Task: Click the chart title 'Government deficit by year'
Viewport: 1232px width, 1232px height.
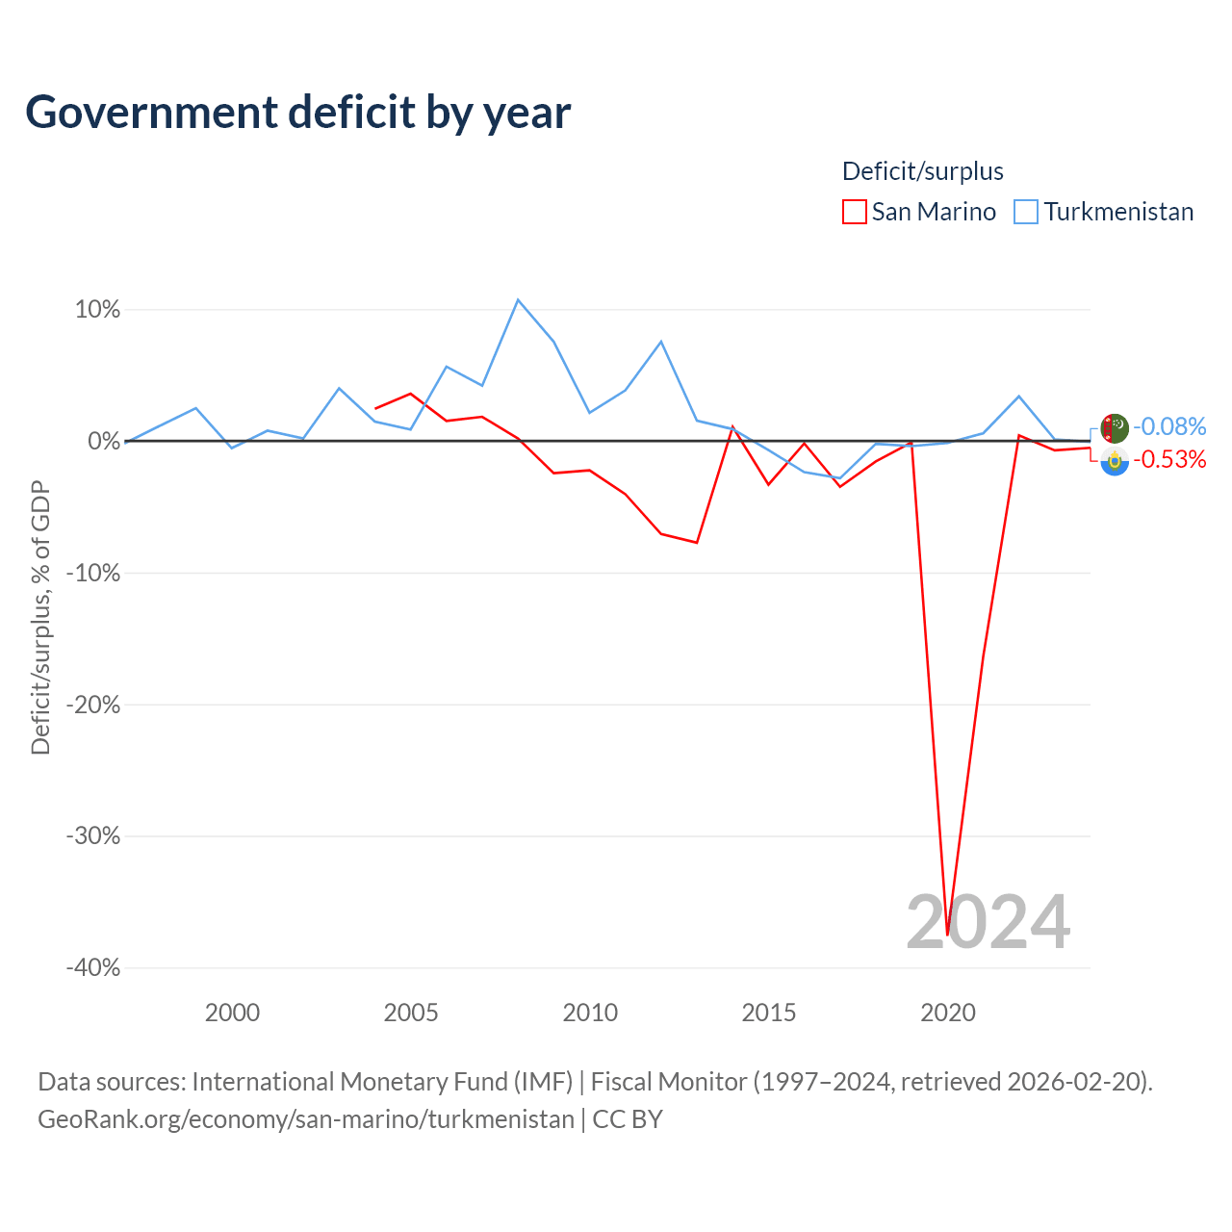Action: pyautogui.click(x=297, y=113)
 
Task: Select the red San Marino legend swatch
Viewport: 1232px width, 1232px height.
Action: pyautogui.click(x=854, y=212)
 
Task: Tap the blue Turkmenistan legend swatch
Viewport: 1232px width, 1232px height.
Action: pyautogui.click(x=1025, y=212)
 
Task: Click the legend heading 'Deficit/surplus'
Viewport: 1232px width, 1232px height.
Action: pyautogui.click(x=923, y=171)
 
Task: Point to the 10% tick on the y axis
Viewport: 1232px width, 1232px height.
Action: pyautogui.click(x=97, y=309)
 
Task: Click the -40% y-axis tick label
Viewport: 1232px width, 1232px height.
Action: pyautogui.click(x=93, y=967)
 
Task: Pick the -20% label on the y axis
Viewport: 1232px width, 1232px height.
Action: pyautogui.click(x=93, y=705)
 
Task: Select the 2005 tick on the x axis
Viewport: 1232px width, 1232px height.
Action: pyautogui.click(x=410, y=1013)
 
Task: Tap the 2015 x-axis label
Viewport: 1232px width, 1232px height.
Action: pyautogui.click(x=768, y=1013)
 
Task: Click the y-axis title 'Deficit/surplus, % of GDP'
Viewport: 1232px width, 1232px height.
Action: pyautogui.click(x=40, y=618)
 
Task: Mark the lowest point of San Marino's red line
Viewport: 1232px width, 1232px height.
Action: pyautogui.click(x=947, y=935)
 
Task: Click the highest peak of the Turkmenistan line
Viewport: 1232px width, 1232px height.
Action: pyautogui.click(x=518, y=299)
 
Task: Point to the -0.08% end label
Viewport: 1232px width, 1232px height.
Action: pyautogui.click(x=1169, y=426)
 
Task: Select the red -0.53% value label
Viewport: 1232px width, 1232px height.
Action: pyautogui.click(x=1169, y=459)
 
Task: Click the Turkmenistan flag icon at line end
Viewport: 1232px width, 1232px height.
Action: pyautogui.click(x=1115, y=428)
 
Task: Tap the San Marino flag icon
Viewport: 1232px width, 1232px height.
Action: pyautogui.click(x=1115, y=461)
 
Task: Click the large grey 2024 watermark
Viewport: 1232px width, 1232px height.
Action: pyautogui.click(x=988, y=922)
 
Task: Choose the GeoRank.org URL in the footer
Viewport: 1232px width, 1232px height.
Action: pyautogui.click(x=306, y=1119)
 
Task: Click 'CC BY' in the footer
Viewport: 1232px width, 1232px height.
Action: pyautogui.click(x=628, y=1119)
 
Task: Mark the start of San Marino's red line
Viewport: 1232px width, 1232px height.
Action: pyautogui.click(x=375, y=408)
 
